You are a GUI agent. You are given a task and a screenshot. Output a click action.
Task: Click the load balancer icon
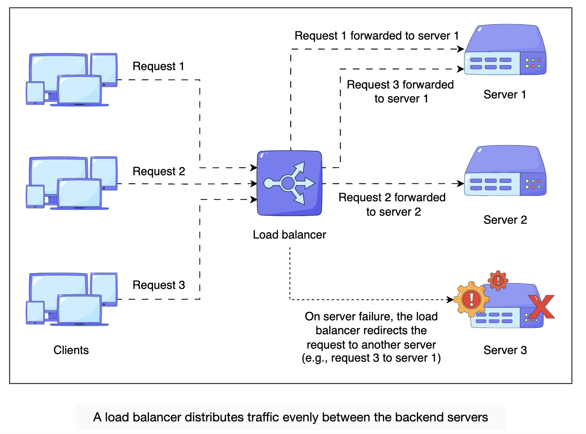tap(289, 183)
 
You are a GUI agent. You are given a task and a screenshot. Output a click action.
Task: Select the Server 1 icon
tap(505, 51)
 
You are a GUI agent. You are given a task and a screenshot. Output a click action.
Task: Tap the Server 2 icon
tap(505, 172)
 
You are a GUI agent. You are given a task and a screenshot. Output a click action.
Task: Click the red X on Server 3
tap(541, 307)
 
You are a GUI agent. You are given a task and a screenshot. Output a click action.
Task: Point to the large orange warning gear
tap(471, 299)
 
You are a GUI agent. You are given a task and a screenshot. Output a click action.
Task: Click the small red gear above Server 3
tap(498, 280)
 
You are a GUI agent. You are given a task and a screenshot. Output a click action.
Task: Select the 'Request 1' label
tap(158, 66)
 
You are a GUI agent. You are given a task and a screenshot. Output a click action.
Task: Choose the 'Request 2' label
tap(159, 172)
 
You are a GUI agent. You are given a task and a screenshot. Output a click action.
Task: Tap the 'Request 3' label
tap(159, 285)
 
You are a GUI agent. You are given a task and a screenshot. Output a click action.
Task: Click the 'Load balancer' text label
tap(289, 235)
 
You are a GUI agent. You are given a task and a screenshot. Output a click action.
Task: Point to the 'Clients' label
tap(71, 350)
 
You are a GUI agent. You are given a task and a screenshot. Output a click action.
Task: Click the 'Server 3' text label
tap(505, 350)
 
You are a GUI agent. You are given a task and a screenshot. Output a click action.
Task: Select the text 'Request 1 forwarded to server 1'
tap(377, 36)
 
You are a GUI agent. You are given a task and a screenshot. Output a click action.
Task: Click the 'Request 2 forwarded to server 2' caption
tap(392, 204)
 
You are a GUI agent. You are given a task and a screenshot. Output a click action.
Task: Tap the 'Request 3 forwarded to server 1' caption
tap(401, 92)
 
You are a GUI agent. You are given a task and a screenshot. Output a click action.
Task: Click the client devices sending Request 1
tap(72, 80)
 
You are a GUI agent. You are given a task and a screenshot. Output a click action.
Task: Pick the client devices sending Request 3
tap(72, 299)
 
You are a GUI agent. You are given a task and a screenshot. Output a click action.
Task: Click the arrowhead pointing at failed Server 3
tap(450, 299)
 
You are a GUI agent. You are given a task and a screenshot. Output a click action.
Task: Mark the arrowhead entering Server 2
tap(461, 183)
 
